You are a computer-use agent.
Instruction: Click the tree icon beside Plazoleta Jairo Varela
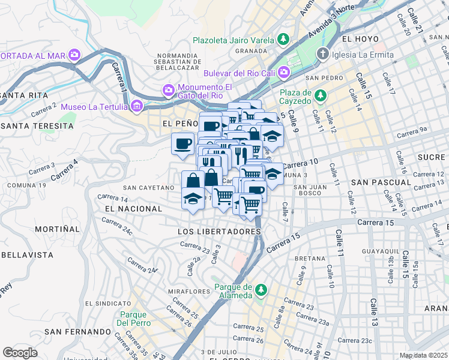pos(283,40)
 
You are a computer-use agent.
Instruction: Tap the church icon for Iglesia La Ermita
pos(322,55)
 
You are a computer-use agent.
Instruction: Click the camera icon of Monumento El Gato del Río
pos(169,90)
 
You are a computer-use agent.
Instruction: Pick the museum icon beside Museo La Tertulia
pos(137,107)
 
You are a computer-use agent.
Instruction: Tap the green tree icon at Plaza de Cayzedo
pos(321,95)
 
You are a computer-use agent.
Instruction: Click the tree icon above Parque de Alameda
pos(261,290)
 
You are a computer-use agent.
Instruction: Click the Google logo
pos(20,353)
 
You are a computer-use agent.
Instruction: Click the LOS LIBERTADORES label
pos(219,231)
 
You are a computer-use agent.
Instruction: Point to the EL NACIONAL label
pos(133,208)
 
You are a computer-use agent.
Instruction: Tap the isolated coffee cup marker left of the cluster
pos(182,143)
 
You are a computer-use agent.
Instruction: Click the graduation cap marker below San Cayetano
pos(193,197)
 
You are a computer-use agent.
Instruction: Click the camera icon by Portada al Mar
pos(74,55)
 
